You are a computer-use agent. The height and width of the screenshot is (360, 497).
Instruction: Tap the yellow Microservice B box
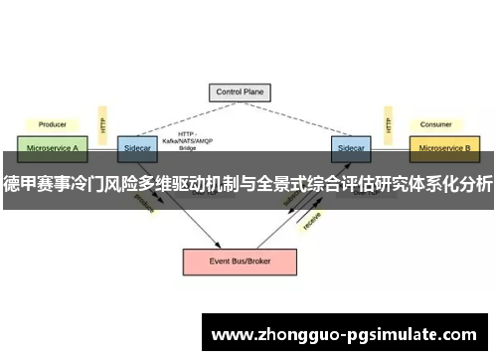pos(444,147)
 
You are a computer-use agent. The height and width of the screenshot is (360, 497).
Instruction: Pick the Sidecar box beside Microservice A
pos(135,147)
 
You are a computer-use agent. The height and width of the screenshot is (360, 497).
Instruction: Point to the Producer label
pos(52,124)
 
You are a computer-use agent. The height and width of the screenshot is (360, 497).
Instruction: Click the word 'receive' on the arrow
pos(311,221)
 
